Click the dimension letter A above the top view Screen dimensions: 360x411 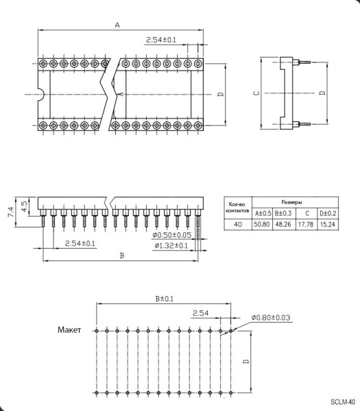[117, 25]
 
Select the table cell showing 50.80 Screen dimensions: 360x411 [262, 225]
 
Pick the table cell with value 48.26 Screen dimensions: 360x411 [283, 225]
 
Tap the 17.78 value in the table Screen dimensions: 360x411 [306, 225]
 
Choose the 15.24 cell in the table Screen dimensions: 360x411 [328, 225]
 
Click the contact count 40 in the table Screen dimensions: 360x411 [238, 225]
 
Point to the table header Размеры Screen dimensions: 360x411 [291, 202]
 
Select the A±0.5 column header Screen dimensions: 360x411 [263, 213]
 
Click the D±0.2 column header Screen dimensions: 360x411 [328, 213]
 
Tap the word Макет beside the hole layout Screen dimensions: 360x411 [69, 329]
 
